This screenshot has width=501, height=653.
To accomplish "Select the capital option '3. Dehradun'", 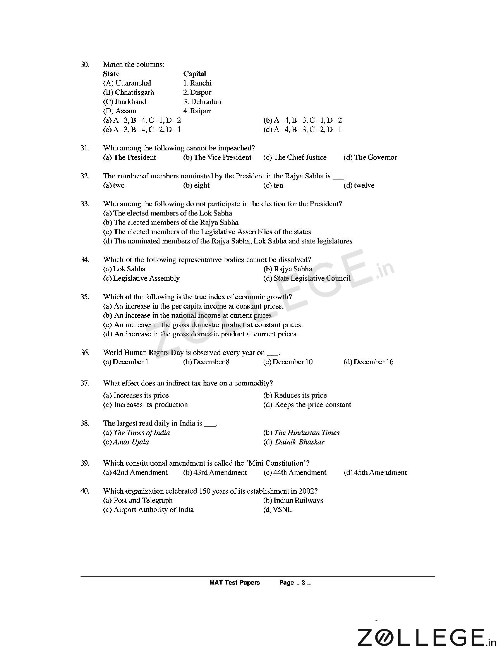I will [202, 102].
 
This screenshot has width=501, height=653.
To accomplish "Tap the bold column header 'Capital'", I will [194, 74].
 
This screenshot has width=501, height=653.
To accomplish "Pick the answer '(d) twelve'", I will [359, 185].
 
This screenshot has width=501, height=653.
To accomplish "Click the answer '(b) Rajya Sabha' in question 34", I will [288, 269].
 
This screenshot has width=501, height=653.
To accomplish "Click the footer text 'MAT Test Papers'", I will [234, 583].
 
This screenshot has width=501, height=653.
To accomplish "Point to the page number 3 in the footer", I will [303, 583].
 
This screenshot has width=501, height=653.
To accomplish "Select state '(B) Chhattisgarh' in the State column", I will [129, 92].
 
